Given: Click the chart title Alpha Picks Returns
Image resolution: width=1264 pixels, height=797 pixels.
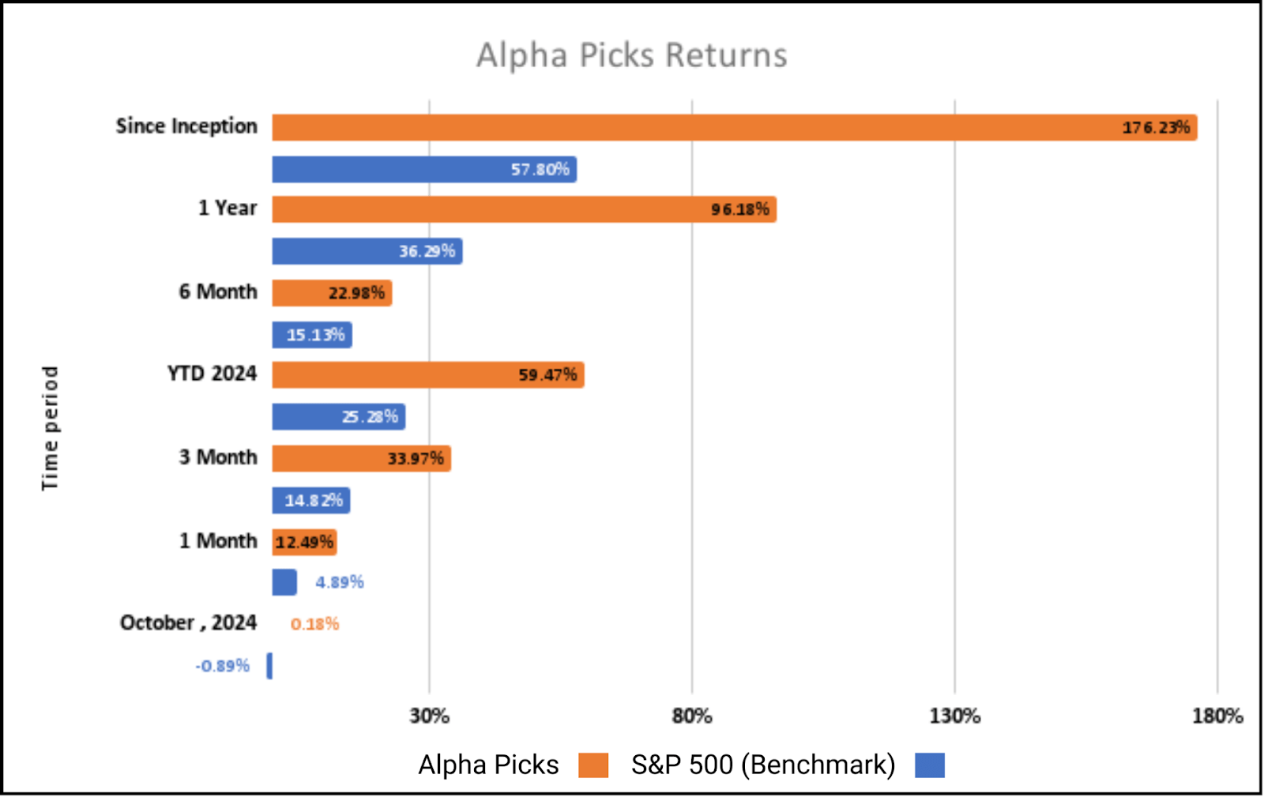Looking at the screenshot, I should (x=631, y=55).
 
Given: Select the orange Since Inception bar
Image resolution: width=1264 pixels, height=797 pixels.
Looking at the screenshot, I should (x=734, y=127).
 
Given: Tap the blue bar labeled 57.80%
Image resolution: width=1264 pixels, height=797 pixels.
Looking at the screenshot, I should (x=424, y=169).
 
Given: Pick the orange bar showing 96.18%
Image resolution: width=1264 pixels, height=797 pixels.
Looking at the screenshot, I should (x=524, y=209).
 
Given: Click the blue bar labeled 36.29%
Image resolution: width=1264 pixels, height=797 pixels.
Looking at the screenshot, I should (x=367, y=251).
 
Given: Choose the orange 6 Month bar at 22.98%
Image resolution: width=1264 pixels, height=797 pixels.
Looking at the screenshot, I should (x=332, y=293).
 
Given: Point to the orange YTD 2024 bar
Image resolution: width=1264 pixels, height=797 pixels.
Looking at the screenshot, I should (x=428, y=374).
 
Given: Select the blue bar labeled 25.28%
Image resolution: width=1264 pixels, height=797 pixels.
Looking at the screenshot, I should (x=338, y=416).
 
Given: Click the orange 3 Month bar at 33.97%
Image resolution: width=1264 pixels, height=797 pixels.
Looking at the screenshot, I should (x=361, y=458).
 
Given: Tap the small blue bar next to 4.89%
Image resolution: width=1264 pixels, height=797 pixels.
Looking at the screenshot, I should (x=284, y=582).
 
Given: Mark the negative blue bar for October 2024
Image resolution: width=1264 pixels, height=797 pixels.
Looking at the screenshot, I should (x=269, y=666).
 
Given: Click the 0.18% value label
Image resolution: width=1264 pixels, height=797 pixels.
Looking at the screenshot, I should (x=314, y=624).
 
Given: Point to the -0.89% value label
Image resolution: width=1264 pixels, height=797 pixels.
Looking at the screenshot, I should (x=222, y=666).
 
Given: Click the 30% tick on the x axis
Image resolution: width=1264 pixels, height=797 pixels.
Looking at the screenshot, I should (x=429, y=716).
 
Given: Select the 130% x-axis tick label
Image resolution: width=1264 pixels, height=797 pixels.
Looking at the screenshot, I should (x=954, y=716).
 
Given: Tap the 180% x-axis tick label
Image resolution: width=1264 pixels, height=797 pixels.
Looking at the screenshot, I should (x=1217, y=716).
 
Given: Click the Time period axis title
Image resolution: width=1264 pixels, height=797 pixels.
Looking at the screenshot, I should (x=50, y=427).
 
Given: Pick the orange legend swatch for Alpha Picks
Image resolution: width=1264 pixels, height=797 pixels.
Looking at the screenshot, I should (x=593, y=765).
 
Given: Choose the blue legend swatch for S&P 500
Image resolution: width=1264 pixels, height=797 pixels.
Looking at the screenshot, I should (x=930, y=765).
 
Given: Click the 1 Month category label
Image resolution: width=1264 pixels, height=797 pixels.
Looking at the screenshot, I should (x=218, y=541).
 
